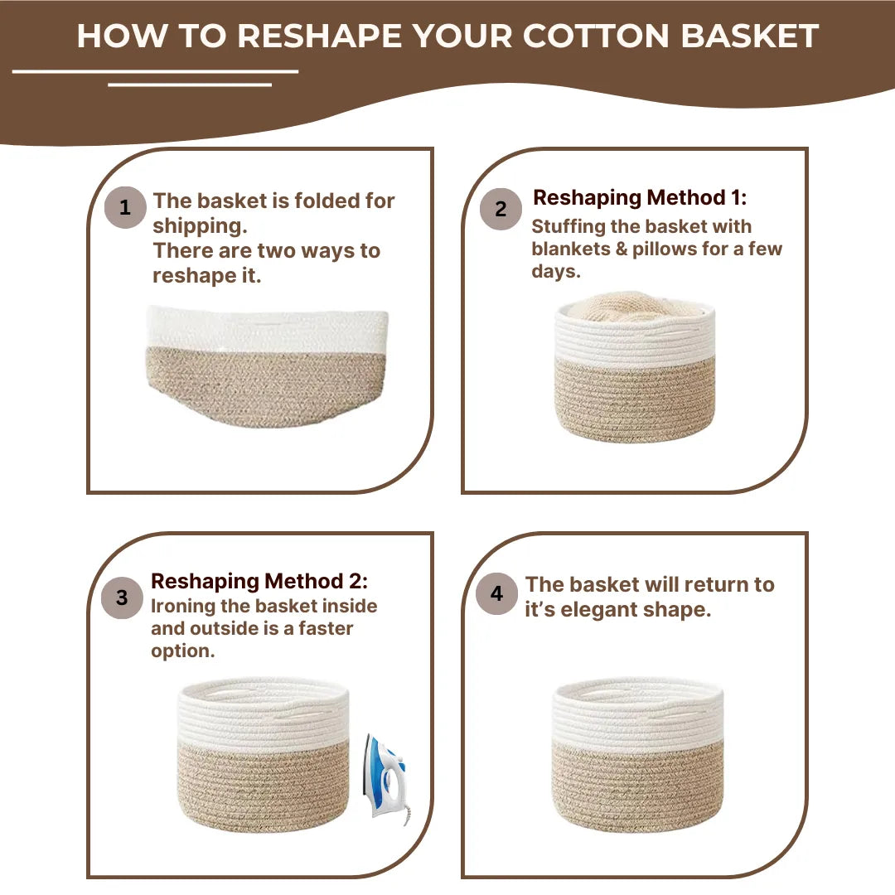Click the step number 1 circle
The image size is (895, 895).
pyautogui.click(x=125, y=207)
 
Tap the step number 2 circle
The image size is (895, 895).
pyautogui.click(x=501, y=209)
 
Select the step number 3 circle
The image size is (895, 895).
pyautogui.click(x=122, y=597)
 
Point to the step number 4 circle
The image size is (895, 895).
pyautogui.click(x=496, y=593)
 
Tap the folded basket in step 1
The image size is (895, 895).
pyautogui.click(x=267, y=365)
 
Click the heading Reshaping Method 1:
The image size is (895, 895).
pyautogui.click(x=639, y=198)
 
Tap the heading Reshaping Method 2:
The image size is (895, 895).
pyautogui.click(x=259, y=581)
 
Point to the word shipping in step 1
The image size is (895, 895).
pyautogui.click(x=200, y=226)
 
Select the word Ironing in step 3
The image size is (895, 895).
pyautogui.click(x=184, y=606)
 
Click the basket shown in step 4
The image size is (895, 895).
pyautogui.click(x=636, y=754)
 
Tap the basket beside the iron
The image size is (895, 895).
pyautogui.click(x=264, y=754)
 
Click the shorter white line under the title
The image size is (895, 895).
pyautogui.click(x=190, y=84)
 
